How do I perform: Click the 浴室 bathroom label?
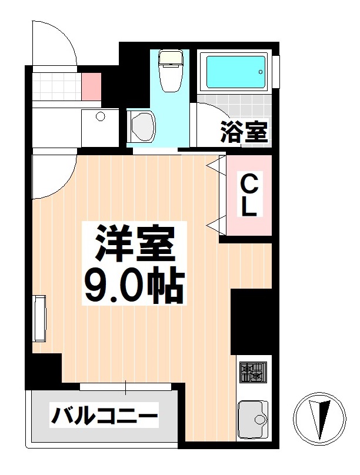[x=244, y=132]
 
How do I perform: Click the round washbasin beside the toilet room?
[x=141, y=126]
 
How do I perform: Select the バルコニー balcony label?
[x=105, y=417]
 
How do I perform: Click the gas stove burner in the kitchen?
[x=253, y=372]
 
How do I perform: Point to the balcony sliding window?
[x=126, y=386]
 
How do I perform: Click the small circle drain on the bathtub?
[x=261, y=72]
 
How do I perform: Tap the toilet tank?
[x=171, y=58]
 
